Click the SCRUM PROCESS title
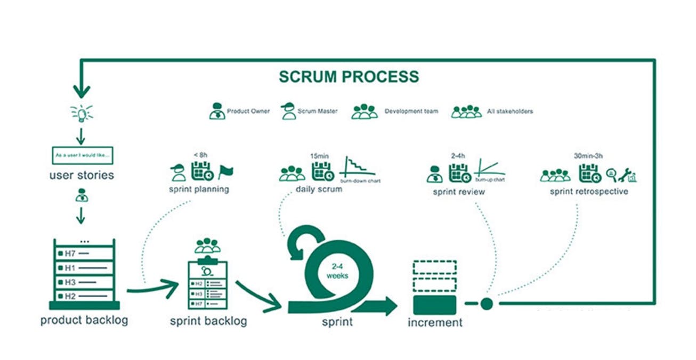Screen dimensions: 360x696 (x=349, y=76)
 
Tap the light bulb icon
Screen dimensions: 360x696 (x=81, y=113)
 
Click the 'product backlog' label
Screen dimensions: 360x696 (x=84, y=320)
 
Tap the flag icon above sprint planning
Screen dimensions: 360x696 (x=225, y=171)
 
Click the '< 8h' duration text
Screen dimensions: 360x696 (x=200, y=155)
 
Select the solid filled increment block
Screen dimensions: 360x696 (x=434, y=305)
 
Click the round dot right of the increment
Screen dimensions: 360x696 (x=486, y=304)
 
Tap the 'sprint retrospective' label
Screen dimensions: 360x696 (x=588, y=191)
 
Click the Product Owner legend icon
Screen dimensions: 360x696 (x=216, y=111)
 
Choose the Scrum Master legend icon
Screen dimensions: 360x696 (x=288, y=111)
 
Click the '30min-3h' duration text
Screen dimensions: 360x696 (x=588, y=156)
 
